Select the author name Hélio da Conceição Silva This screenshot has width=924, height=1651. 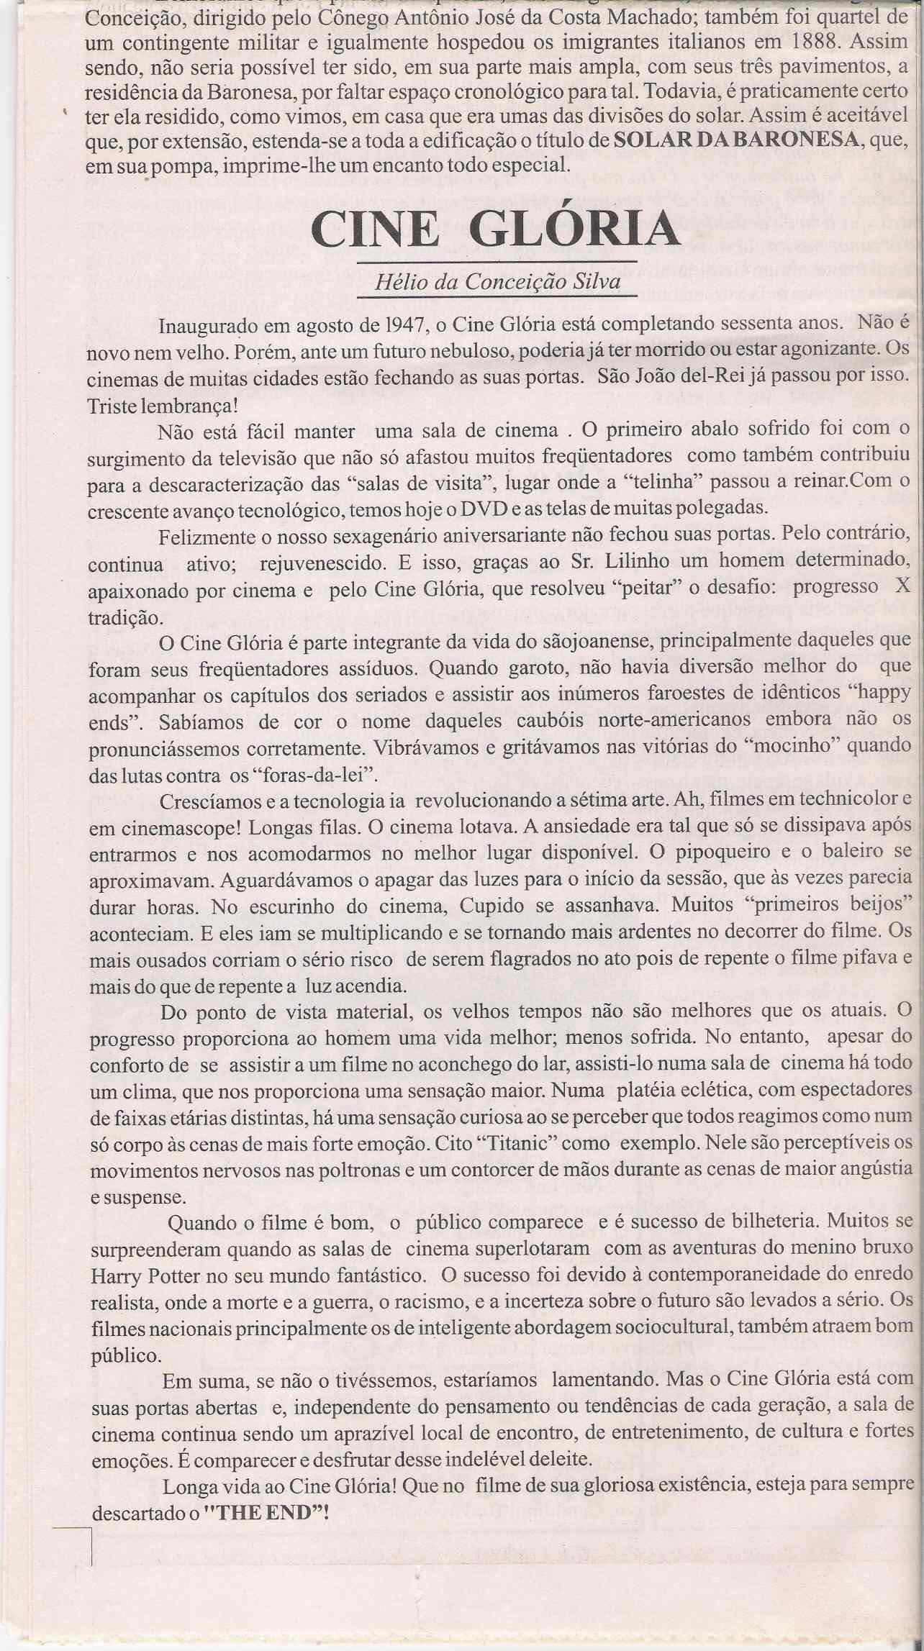coord(497,281)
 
